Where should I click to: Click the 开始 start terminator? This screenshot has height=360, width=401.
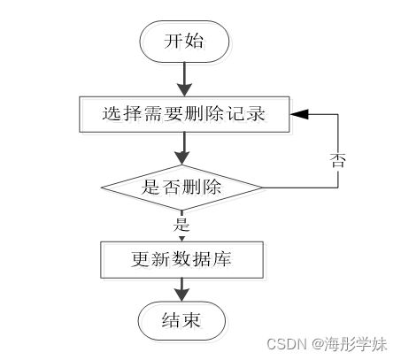184,42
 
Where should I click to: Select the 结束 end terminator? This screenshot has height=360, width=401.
182,320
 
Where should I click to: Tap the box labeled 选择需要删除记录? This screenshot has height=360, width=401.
184,114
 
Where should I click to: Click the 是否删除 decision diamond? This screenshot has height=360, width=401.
181,188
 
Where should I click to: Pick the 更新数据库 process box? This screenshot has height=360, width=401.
181,260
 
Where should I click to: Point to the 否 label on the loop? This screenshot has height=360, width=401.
337,160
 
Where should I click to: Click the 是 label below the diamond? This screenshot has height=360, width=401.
181,225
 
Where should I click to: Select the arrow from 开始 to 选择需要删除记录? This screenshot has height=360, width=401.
184,80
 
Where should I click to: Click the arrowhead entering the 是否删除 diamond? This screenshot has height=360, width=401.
182,158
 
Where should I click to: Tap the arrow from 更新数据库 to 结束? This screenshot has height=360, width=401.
181,289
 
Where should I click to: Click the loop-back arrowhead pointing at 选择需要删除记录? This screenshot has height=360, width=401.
299,114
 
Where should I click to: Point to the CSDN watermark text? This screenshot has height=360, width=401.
287,344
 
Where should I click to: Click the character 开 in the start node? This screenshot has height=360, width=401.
174,41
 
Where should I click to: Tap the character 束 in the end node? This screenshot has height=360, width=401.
191,320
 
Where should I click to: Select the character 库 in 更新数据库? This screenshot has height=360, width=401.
222,259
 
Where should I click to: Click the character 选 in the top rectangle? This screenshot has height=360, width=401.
112,114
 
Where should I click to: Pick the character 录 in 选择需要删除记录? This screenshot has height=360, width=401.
256,114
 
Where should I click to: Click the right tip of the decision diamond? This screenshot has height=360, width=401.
262,188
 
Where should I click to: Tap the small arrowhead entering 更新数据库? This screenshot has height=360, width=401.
181,239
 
